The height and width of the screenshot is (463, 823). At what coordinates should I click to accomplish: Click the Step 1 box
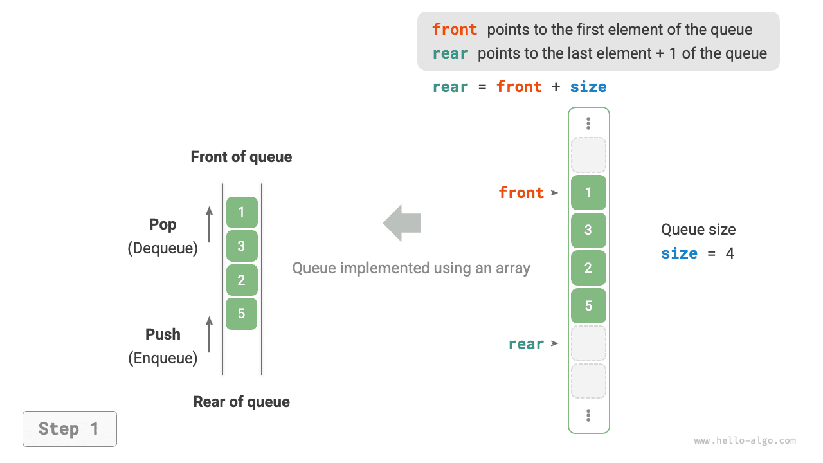(69, 429)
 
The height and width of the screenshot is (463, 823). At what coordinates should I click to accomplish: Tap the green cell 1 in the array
(588, 193)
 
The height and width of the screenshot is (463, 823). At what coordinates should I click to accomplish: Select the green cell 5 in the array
(588, 306)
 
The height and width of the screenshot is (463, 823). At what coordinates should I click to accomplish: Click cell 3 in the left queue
(242, 246)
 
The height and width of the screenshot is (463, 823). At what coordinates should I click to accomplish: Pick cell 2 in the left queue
(242, 280)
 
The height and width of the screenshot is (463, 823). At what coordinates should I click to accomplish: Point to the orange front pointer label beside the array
(521, 193)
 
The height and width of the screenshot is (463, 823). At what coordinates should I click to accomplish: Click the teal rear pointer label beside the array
(526, 344)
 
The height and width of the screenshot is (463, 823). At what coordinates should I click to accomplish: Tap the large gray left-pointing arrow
(402, 223)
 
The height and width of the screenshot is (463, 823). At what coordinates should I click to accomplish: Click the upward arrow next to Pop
(209, 223)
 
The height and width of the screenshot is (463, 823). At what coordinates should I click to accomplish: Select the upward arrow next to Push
(209, 334)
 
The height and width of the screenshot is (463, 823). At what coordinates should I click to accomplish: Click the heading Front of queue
(241, 157)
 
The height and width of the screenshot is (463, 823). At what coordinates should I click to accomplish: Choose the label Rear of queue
(241, 402)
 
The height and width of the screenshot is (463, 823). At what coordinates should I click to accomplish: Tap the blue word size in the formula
(588, 87)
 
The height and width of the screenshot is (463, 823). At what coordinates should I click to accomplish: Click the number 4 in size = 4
(730, 253)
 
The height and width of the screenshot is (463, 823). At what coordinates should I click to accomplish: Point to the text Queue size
(698, 230)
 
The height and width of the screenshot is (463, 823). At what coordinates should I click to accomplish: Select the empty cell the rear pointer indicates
(588, 343)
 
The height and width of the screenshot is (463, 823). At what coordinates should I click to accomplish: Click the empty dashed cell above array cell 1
(588, 155)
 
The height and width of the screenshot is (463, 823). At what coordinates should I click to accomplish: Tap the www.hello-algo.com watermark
(745, 441)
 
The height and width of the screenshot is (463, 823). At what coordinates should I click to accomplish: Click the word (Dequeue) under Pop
(163, 248)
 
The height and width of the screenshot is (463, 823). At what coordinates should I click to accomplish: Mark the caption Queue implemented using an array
(411, 268)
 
